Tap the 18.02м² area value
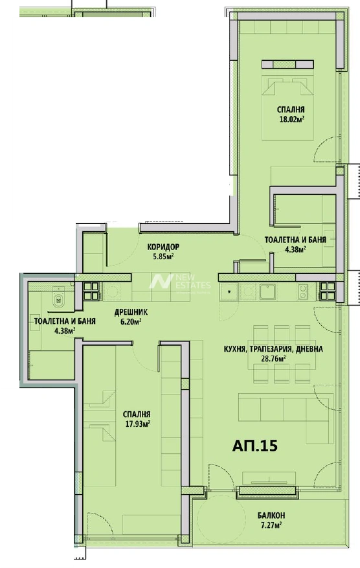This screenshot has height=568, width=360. click(x=291, y=119)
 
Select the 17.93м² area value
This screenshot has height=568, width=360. click(x=138, y=424)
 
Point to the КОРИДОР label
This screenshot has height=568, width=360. click(x=163, y=247)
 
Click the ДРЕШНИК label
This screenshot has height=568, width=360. click(x=131, y=312)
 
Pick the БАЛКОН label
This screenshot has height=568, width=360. click(x=271, y=515)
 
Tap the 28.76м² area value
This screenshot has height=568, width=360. click(x=273, y=359)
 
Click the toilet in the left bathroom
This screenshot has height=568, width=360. click(x=58, y=298)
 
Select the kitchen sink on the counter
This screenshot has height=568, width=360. click(x=267, y=291)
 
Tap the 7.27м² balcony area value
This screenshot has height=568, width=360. click(x=271, y=525)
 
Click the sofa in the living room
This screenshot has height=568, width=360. click(x=286, y=418)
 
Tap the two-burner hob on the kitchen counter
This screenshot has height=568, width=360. click(x=303, y=291)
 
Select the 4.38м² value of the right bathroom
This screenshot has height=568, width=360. click(x=295, y=249)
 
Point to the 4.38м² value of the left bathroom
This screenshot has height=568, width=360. click(x=65, y=330)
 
